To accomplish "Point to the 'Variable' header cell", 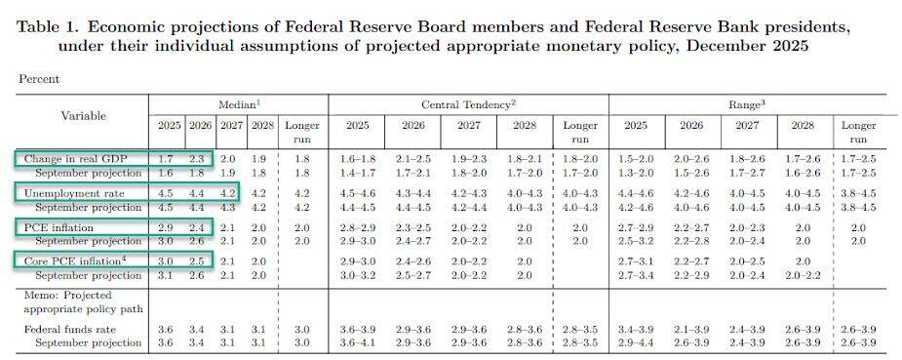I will click(84, 115).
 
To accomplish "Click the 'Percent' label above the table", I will click(38, 78).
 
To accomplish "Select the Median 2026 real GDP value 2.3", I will click(196, 158).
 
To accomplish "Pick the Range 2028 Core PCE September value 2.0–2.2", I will click(802, 275).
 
